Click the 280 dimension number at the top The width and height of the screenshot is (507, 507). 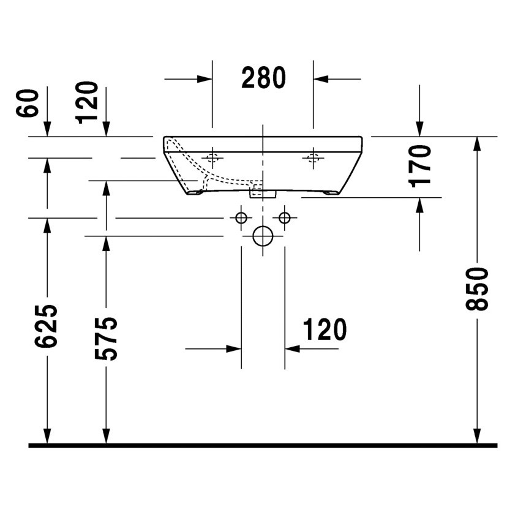click(x=263, y=78)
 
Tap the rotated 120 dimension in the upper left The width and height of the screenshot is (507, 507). click(x=88, y=102)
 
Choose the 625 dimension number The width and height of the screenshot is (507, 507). click(x=47, y=326)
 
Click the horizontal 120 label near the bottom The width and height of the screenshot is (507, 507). click(x=324, y=330)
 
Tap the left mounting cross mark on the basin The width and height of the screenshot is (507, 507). click(x=212, y=158)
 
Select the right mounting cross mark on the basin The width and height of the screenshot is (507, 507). click(x=313, y=158)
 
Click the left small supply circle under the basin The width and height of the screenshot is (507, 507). click(x=241, y=217)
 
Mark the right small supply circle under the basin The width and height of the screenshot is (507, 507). click(x=284, y=217)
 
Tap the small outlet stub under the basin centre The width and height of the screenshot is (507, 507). click(x=263, y=193)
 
